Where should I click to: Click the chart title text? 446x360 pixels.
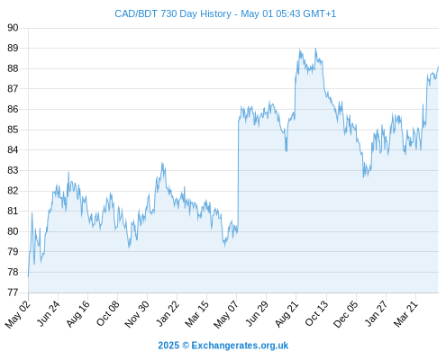click(x=225, y=13)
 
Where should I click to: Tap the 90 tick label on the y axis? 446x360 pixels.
click(x=13, y=28)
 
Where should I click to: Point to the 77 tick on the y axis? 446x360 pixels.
click(x=13, y=292)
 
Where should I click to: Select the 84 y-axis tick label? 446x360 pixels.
click(x=13, y=149)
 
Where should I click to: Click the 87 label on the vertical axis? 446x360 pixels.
click(x=13, y=89)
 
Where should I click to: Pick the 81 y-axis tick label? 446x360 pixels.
click(x=13, y=211)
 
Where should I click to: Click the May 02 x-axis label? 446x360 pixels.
click(x=18, y=314)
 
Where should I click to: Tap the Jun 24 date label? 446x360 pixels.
click(x=49, y=313)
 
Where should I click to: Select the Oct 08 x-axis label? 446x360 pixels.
click(x=107, y=313)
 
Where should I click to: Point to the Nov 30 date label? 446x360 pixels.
click(x=137, y=314)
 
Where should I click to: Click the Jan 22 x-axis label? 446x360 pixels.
click(x=168, y=313)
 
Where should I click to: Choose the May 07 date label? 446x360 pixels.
click(x=226, y=314)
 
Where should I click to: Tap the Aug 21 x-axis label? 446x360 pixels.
click(x=287, y=313)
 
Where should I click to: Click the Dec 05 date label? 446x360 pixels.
click(x=345, y=314)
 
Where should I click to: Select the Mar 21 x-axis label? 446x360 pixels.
click(x=405, y=313)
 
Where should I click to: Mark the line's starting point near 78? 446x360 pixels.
click(x=28, y=276)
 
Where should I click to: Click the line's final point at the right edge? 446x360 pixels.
click(x=438, y=67)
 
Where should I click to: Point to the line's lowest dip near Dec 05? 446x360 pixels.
click(x=363, y=177)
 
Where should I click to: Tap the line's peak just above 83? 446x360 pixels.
click(x=162, y=163)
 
